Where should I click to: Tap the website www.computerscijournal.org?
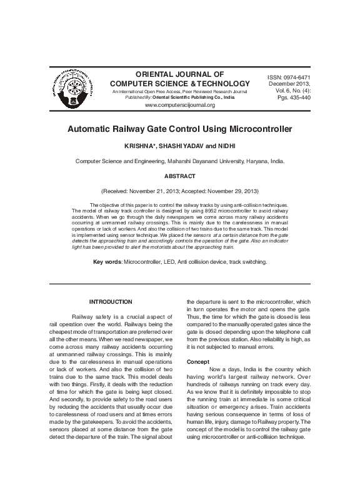[179, 105]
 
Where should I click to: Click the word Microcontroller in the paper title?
[257, 129]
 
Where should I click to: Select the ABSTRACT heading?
[179, 176]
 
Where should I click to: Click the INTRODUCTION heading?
[111, 302]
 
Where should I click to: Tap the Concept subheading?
[199, 362]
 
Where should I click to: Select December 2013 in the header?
[289, 84]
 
